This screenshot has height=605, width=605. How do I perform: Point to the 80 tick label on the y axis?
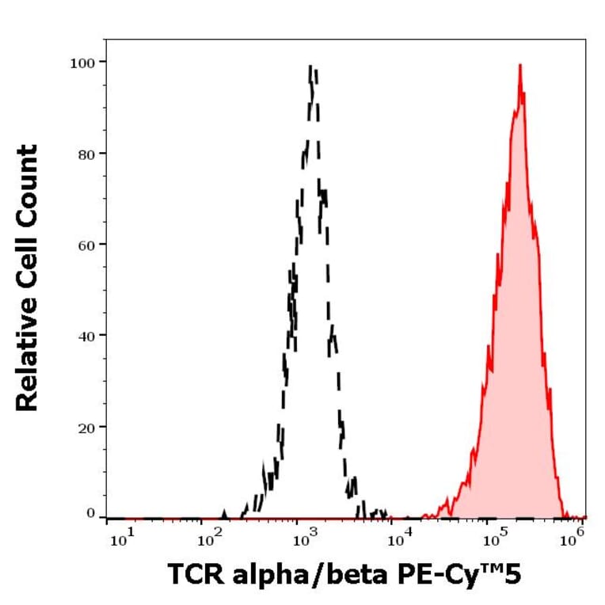87,153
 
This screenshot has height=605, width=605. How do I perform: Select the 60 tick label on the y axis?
87,244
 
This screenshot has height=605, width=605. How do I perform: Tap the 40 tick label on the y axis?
87,335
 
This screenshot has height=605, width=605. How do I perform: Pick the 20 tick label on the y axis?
87,426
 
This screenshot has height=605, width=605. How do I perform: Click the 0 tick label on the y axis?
91,514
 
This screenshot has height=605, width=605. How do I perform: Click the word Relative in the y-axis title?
28,356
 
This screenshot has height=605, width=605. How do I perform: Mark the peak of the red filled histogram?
519,66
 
